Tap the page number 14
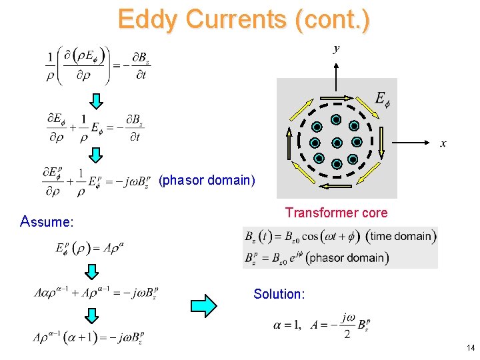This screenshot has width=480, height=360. (x=471, y=348)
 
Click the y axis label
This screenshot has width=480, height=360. (x=337, y=49)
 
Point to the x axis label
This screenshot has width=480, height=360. (x=443, y=144)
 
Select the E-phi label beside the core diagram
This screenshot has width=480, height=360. (x=382, y=99)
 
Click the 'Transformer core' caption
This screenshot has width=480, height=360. (x=336, y=213)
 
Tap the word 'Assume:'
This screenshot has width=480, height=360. (x=47, y=221)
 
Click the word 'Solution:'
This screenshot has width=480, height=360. (x=279, y=294)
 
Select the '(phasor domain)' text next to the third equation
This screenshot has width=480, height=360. (x=207, y=180)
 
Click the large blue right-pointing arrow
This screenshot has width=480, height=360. (x=203, y=305)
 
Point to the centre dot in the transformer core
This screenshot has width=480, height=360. (x=337, y=143)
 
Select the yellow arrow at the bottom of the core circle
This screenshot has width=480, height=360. (x=337, y=186)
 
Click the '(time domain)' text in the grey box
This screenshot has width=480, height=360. (x=403, y=236)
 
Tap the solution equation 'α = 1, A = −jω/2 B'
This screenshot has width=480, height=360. (x=321, y=325)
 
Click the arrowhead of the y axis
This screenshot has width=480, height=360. (x=337, y=65)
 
